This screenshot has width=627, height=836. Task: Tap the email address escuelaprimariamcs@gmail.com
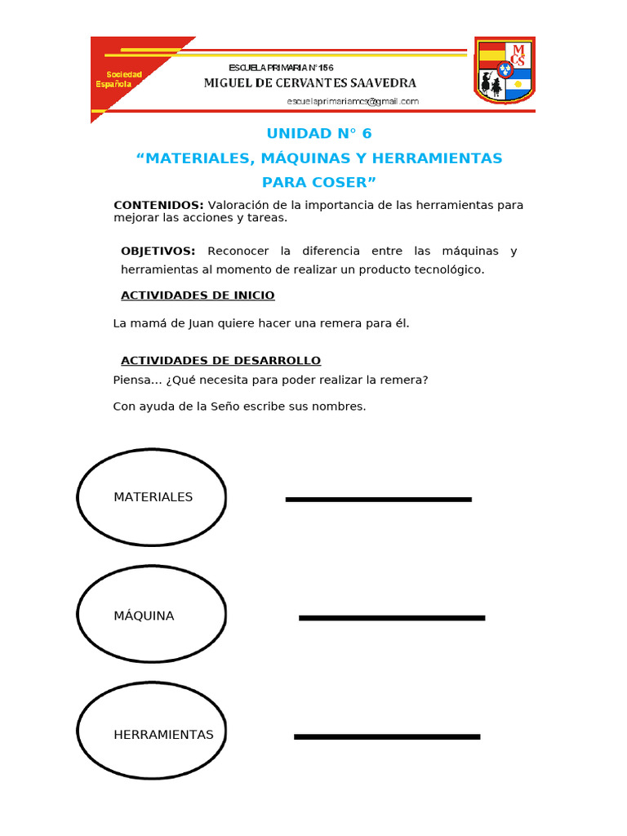click(x=353, y=101)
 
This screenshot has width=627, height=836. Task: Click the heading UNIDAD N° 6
click(x=318, y=133)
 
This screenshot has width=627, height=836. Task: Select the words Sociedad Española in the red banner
click(x=118, y=79)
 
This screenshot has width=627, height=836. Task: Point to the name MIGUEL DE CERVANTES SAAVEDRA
click(x=309, y=83)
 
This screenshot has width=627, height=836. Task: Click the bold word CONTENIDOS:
click(x=158, y=205)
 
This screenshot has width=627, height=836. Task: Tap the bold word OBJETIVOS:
click(x=158, y=251)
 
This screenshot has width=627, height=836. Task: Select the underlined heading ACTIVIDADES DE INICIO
click(x=198, y=295)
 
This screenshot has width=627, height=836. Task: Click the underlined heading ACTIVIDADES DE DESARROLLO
click(x=220, y=360)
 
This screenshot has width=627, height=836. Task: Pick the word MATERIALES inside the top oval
click(x=153, y=497)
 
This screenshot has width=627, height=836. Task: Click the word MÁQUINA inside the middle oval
click(x=144, y=616)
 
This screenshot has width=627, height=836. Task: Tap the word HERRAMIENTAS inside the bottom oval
click(x=163, y=735)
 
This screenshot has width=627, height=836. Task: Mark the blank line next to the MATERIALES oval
click(x=378, y=499)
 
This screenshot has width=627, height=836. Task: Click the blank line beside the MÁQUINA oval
click(x=392, y=618)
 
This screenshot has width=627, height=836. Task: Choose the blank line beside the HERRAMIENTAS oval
click(x=387, y=737)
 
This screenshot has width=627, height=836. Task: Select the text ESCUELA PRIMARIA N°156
click(x=281, y=67)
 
